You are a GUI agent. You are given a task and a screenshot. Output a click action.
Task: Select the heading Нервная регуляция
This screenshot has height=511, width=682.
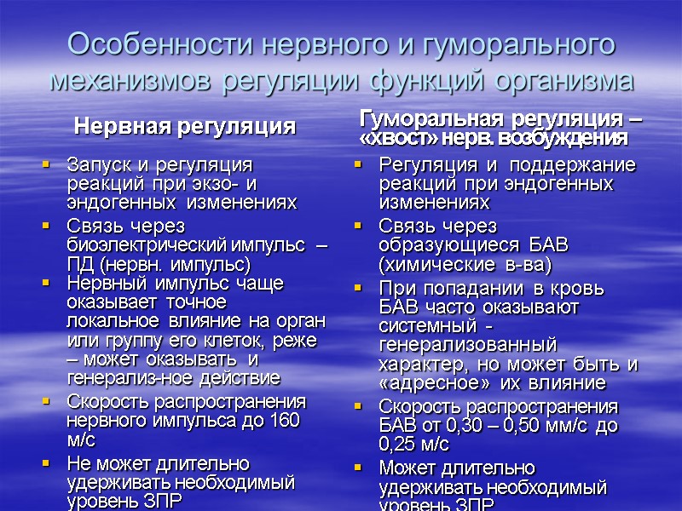(x=185, y=127)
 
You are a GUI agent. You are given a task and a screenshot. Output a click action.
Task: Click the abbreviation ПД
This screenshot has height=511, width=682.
(x=79, y=264)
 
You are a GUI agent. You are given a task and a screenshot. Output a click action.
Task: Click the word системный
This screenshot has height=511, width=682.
(x=422, y=325)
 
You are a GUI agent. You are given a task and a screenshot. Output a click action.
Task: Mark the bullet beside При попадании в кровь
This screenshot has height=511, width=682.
(x=359, y=288)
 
